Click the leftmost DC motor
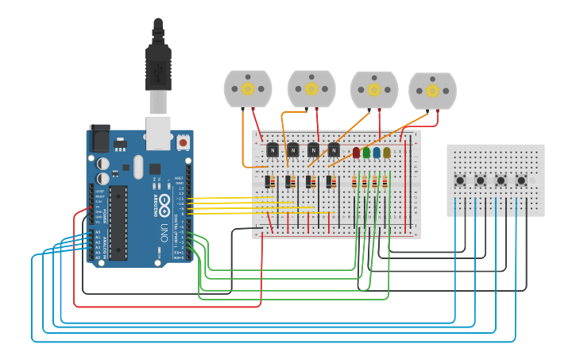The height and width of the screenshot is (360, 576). [x=248, y=88]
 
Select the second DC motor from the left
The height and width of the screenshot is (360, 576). [x=311, y=88]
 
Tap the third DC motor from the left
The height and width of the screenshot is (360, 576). [x=374, y=90]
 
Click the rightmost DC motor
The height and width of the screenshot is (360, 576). [x=432, y=91]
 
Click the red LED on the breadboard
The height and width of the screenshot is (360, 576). [x=356, y=152]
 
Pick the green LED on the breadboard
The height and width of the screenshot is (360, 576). [x=366, y=152]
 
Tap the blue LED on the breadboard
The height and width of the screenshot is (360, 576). [x=377, y=152]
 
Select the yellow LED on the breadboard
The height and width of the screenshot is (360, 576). [x=387, y=152]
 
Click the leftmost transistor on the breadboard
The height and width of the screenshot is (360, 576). [x=273, y=149]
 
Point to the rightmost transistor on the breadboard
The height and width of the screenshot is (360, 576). [x=334, y=149]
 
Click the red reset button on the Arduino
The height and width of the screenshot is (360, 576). [x=184, y=142]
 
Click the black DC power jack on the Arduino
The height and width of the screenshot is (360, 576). [x=100, y=138]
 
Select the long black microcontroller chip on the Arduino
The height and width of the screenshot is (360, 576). [x=118, y=222]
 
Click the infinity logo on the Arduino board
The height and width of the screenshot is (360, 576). [x=164, y=201]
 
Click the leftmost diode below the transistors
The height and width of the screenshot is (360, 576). [x=269, y=182]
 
